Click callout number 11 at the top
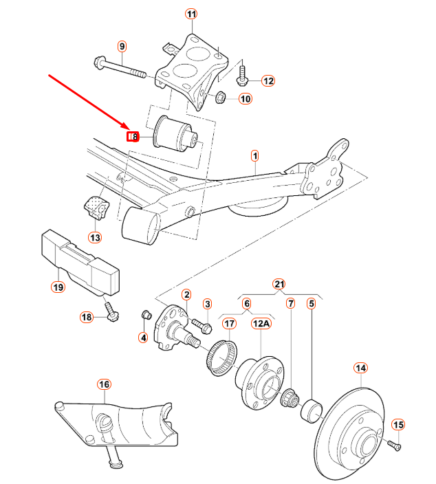click(x=190, y=14)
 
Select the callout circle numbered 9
click(x=122, y=47)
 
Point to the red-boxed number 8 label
click(x=133, y=137)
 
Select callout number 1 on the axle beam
click(x=254, y=155)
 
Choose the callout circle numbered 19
click(x=58, y=287)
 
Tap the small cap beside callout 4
click(x=145, y=316)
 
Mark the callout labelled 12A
click(x=261, y=322)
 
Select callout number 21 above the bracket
click(x=279, y=283)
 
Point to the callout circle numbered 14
click(x=361, y=368)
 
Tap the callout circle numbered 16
click(x=103, y=384)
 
